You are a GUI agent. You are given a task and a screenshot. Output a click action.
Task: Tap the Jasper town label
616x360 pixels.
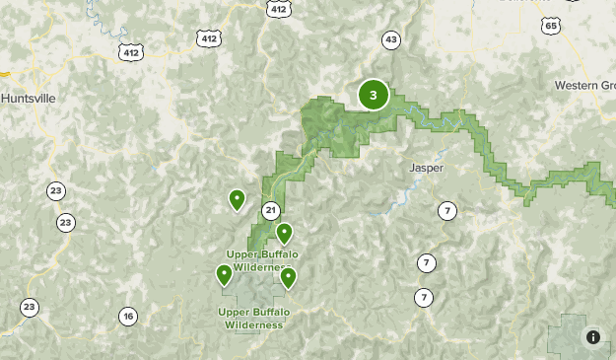pyautogui.click(x=427, y=168)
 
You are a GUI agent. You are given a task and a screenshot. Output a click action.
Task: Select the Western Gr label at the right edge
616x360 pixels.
pyautogui.click(x=583, y=85)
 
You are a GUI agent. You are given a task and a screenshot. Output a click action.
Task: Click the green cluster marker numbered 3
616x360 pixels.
pyautogui.click(x=373, y=95)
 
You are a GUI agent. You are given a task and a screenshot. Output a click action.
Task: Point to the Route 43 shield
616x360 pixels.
pyautogui.click(x=391, y=39)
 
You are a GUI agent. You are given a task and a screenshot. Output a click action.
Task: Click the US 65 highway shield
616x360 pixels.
pyautogui.click(x=550, y=26)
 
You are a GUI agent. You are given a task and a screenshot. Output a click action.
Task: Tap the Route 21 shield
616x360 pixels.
pyautogui.click(x=271, y=210)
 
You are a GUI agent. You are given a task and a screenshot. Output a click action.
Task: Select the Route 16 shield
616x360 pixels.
pyautogui.click(x=128, y=317)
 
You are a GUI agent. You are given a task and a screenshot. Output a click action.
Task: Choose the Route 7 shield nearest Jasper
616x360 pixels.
pyautogui.click(x=447, y=210)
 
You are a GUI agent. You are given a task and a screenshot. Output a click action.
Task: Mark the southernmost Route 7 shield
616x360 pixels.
pyautogui.click(x=424, y=297)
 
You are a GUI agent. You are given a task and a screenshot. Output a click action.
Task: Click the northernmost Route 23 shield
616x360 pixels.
pyautogui.click(x=56, y=190)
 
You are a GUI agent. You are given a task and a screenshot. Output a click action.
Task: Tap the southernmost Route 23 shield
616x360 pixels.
pyautogui.click(x=30, y=307)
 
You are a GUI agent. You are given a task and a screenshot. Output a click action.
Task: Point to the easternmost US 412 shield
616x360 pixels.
pyautogui.click(x=279, y=9)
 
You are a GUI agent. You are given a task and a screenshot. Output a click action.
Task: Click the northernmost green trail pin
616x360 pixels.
pyautogui.click(x=237, y=200)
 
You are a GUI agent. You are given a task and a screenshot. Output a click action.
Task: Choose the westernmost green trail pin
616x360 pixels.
pyautogui.click(x=225, y=274)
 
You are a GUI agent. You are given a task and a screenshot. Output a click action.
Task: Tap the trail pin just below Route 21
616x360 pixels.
pyautogui.click(x=284, y=233)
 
